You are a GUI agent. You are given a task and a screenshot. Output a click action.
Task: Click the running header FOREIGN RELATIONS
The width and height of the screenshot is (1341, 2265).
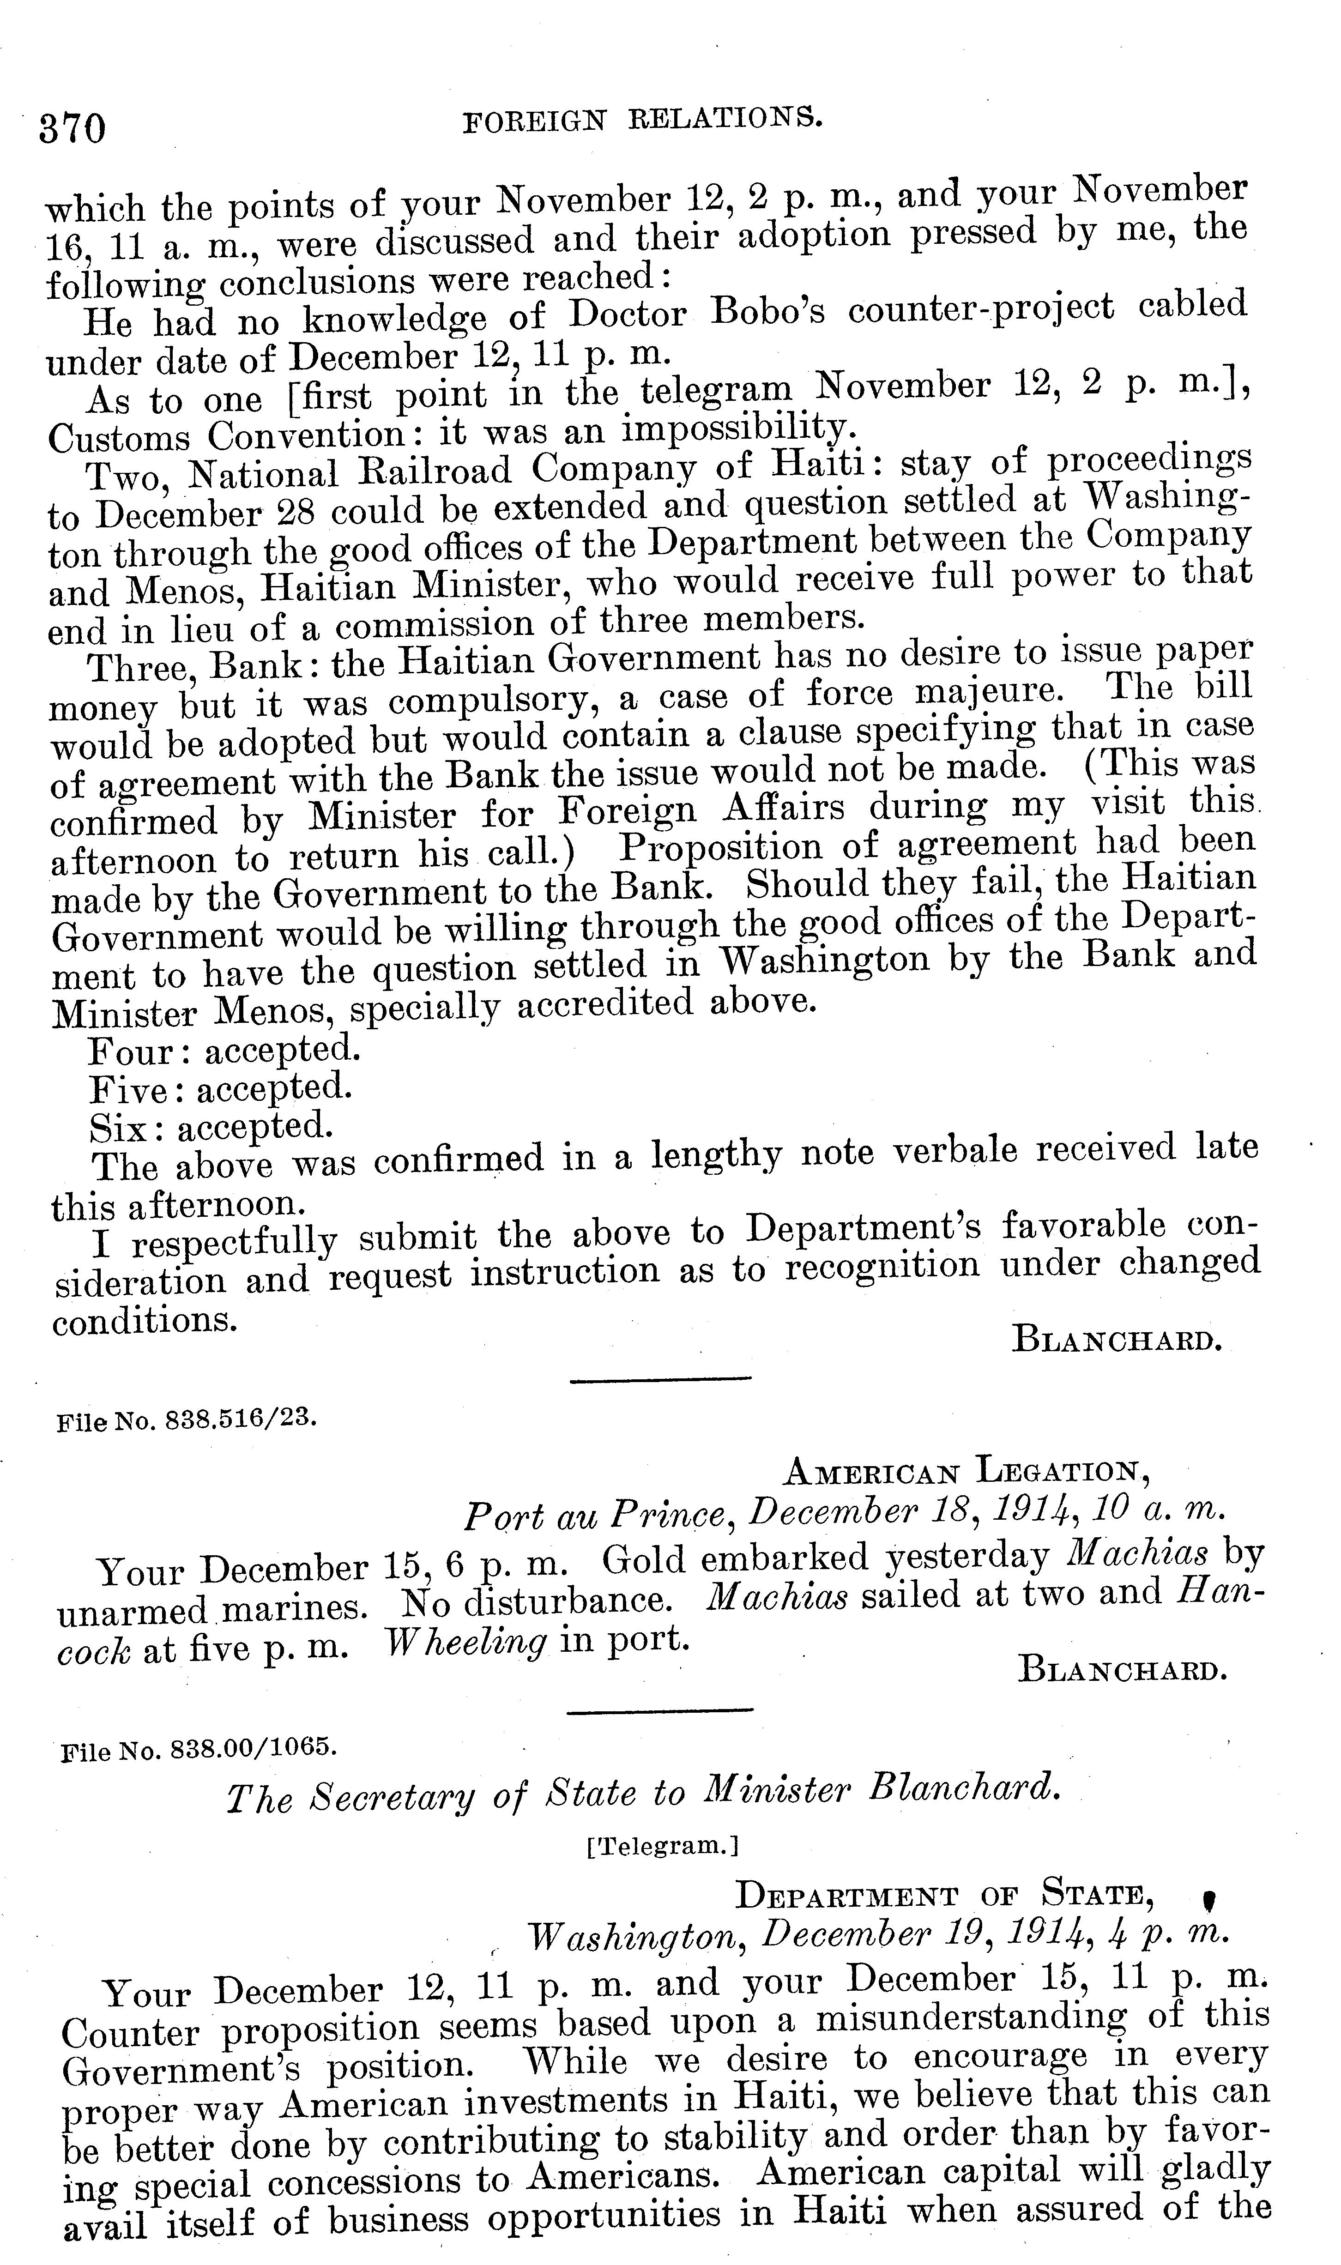642,120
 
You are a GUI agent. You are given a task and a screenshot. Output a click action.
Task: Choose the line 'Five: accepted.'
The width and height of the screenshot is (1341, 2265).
220,1089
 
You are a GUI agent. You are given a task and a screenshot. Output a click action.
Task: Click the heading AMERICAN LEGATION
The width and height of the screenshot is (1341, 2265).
965,1472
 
